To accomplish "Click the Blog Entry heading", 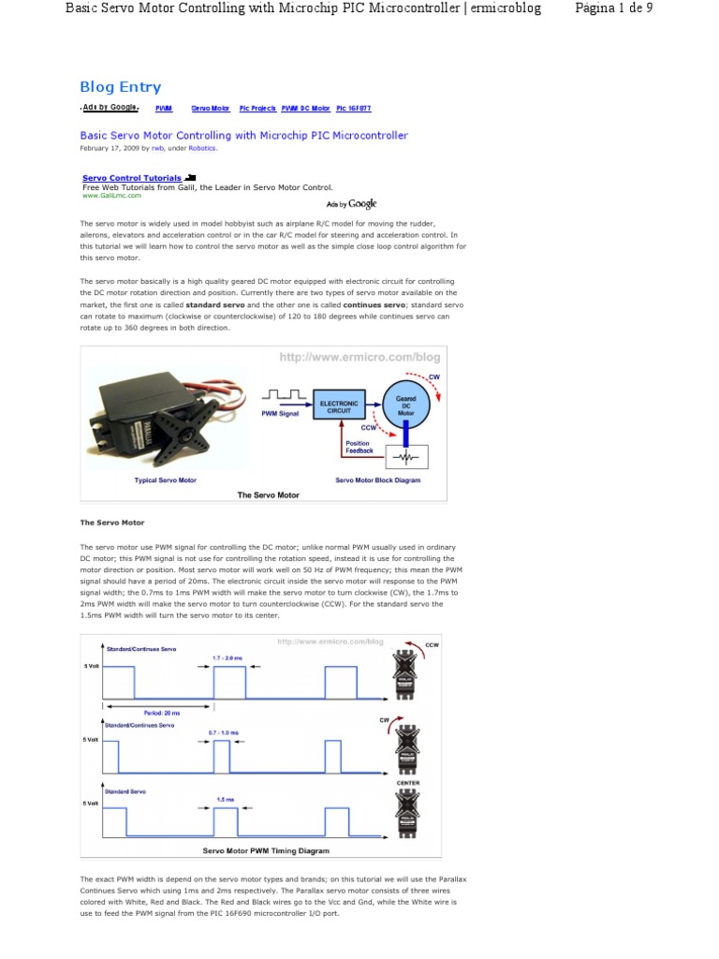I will tap(121, 87).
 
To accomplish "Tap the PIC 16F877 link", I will tap(353, 109).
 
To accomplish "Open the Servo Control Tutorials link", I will tap(132, 177).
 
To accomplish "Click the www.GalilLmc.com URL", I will tap(111, 196).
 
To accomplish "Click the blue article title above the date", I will tap(244, 136).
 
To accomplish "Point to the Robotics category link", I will tap(202, 148).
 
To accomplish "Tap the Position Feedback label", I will tap(359, 447).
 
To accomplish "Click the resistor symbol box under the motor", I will tap(405, 456).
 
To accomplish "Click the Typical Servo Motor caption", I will tap(166, 479).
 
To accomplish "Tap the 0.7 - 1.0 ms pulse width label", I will tap(221, 731).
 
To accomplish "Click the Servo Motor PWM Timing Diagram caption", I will tap(266, 851).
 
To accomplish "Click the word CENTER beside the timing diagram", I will tap(408, 782).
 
